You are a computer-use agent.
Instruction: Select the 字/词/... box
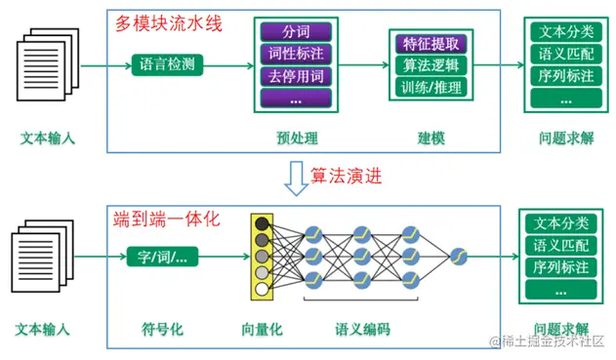tap(163, 258)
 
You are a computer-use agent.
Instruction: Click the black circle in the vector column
tap(261, 224)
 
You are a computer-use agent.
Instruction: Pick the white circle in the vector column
tap(261, 290)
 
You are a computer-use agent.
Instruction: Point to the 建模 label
tap(431, 138)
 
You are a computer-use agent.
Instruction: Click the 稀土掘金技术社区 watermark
tap(547, 342)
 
